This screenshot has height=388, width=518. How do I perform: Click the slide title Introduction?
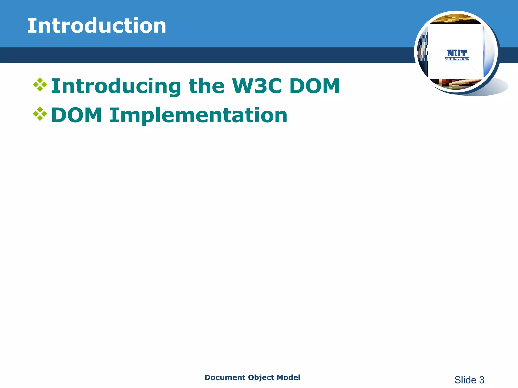(97, 26)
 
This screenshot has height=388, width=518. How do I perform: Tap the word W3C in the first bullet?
(257, 86)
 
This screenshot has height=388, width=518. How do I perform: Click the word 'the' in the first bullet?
(206, 86)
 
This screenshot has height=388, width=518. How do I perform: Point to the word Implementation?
(198, 115)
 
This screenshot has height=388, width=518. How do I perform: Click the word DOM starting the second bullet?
(77, 115)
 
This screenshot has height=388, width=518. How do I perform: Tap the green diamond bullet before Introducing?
(40, 85)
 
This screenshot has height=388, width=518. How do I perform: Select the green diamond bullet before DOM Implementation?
(40, 114)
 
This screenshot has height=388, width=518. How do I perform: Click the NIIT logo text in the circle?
(457, 54)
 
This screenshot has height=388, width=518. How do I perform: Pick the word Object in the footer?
(261, 377)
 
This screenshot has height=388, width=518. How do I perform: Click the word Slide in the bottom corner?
(465, 380)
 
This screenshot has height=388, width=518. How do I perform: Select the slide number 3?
(482, 380)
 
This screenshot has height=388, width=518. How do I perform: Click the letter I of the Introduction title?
(30, 26)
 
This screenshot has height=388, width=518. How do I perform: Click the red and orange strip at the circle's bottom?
(455, 83)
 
